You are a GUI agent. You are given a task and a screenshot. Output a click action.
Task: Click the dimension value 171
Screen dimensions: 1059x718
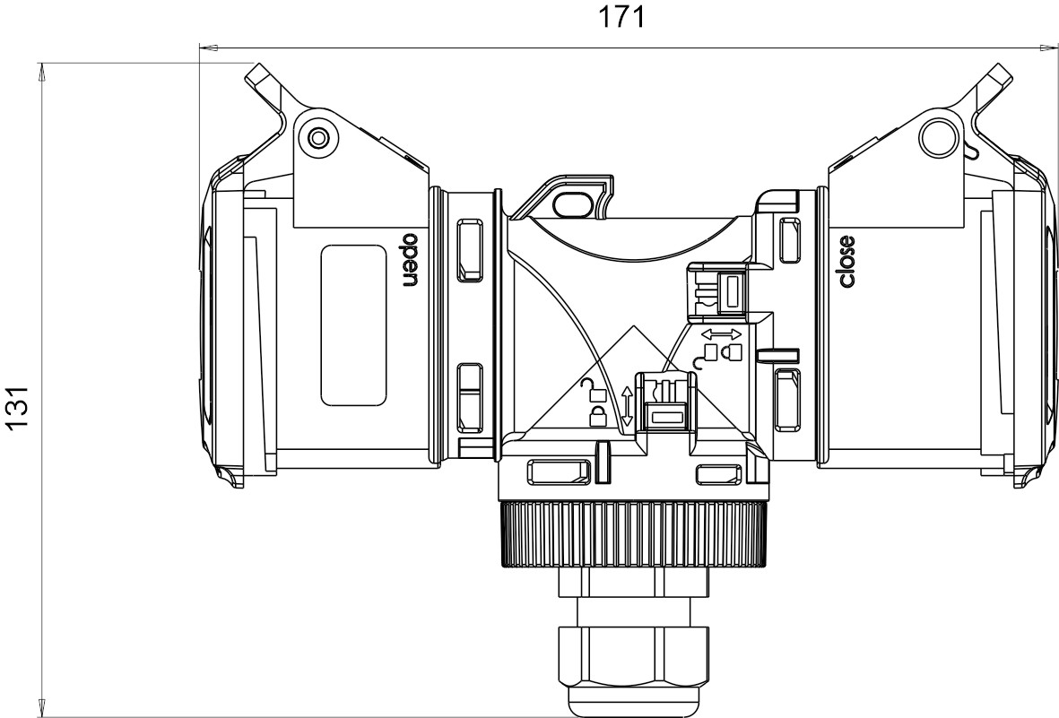[622, 18]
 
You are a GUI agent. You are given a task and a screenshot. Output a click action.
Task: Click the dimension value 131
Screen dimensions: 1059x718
[17, 406]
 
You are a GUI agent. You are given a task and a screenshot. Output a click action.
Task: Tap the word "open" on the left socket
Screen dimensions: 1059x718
[411, 261]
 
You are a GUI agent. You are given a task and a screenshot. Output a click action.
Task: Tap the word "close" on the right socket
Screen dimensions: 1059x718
[846, 262]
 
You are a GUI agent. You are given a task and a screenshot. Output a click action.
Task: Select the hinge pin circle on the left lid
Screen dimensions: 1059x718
[317, 138]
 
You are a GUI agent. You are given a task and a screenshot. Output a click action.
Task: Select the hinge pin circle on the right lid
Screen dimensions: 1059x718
[937, 137]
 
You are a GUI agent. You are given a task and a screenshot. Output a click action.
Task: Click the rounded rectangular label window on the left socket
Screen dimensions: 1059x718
[353, 324]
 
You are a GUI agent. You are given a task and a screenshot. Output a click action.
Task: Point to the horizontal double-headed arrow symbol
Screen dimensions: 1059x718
[722, 334]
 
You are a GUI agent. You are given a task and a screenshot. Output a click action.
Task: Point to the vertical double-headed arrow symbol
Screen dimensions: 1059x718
[626, 405]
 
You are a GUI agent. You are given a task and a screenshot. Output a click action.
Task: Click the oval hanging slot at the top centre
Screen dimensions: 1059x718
[571, 202]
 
